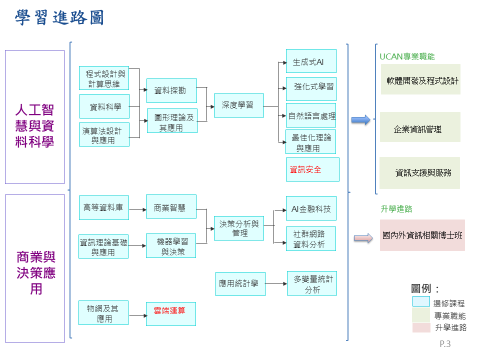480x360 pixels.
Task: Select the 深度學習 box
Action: click(238, 105)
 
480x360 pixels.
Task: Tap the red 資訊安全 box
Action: click(312, 169)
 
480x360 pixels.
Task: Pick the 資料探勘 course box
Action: click(171, 90)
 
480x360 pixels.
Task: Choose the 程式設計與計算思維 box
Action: click(104, 78)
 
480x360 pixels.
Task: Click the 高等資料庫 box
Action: click(103, 207)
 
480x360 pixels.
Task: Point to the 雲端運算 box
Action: click(170, 313)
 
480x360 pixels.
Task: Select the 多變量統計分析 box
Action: click(312, 283)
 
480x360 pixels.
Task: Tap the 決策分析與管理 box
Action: click(238, 228)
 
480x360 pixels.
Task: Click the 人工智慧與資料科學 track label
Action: click(34, 125)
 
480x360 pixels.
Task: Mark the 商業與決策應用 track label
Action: click(35, 273)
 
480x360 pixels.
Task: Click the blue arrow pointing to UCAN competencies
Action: click(360, 120)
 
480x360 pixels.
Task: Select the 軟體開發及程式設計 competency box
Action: click(420, 79)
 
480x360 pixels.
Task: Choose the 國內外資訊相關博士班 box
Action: click(422, 235)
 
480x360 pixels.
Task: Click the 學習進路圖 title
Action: click(59, 18)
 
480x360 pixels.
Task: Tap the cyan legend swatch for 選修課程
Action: click(420, 301)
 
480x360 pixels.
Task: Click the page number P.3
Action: click(445, 344)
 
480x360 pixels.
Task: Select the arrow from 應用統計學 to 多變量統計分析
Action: click(276, 283)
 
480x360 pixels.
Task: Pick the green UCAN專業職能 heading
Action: click(407, 56)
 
